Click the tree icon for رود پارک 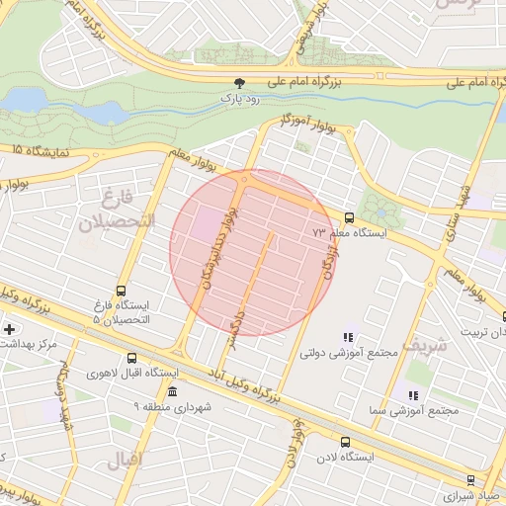[x=237, y=85]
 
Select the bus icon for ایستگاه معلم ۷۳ [x=348, y=217]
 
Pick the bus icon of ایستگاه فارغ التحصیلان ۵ [x=121, y=292]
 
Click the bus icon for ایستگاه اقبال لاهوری [x=132, y=358]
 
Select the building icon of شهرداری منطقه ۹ [x=173, y=391]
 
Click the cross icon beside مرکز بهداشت [x=9, y=328]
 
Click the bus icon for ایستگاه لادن [x=345, y=442]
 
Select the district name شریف [x=427, y=345]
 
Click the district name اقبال [x=124, y=459]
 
